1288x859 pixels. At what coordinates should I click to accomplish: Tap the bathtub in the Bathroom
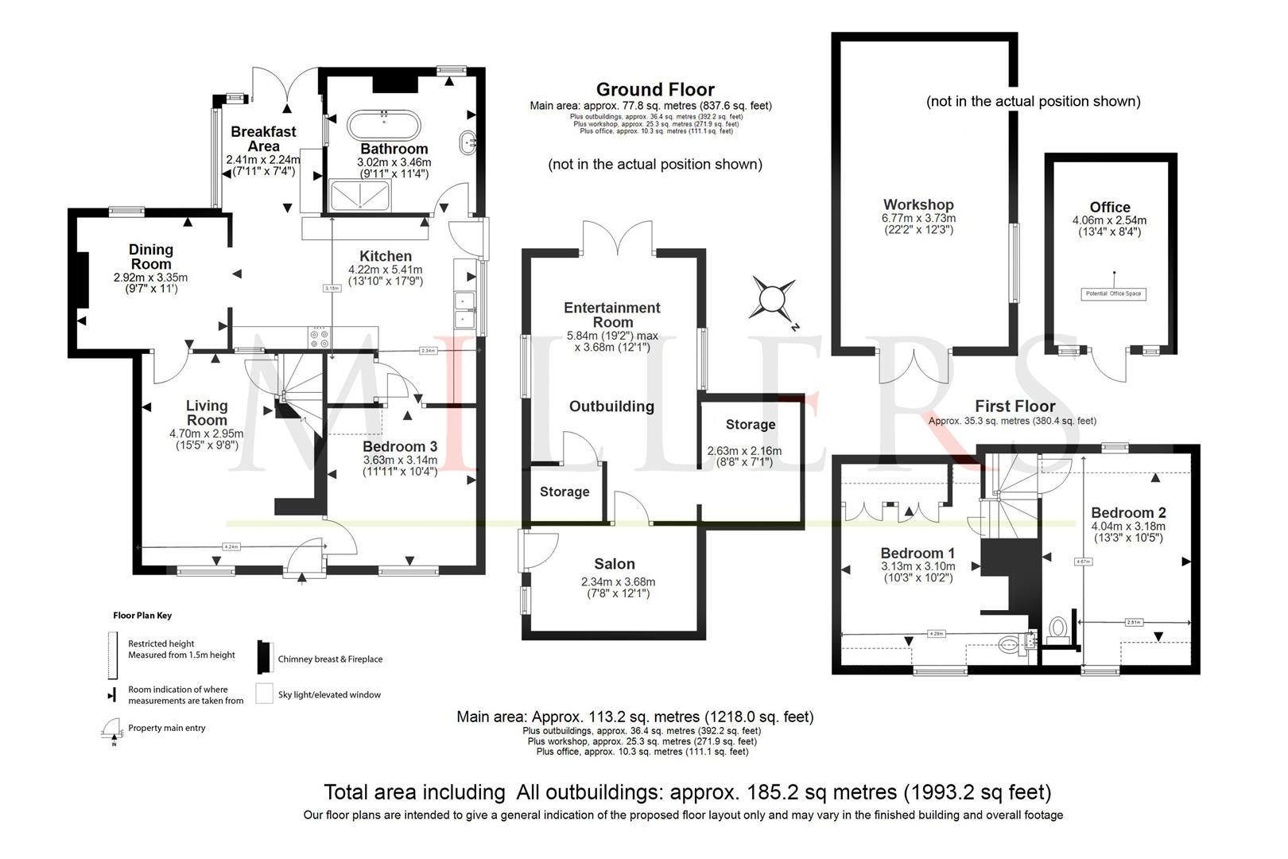coord(382,124)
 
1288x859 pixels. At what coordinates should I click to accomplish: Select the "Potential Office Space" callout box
coord(1113,293)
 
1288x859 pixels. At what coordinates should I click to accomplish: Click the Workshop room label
coord(918,204)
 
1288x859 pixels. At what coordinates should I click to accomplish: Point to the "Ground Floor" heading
coord(655,90)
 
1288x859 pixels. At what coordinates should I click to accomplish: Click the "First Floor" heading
coord(1014,406)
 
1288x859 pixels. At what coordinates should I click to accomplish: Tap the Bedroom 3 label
coord(400,447)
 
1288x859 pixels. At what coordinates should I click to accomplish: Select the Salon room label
coord(615,564)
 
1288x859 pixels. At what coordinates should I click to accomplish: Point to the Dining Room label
coord(150,257)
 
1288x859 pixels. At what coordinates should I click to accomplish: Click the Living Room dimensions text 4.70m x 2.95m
coord(206,433)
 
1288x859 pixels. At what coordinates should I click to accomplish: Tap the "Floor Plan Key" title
coord(142,616)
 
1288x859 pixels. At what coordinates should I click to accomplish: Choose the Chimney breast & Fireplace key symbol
coord(264,657)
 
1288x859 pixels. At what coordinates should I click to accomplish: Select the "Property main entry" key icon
coord(110,730)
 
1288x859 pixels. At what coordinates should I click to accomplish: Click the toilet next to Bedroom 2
coord(1058,628)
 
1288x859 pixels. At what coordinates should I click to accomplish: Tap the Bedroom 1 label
coord(918,554)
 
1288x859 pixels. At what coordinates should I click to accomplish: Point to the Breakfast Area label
coord(263,139)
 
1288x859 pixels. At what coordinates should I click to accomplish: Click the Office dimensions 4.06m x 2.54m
coord(1109,220)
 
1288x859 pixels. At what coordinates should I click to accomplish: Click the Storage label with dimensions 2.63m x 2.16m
coord(750,425)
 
